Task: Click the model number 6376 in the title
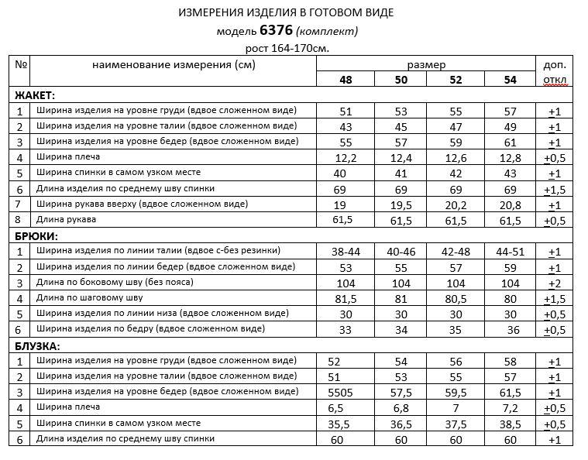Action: point(277,31)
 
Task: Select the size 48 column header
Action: point(346,80)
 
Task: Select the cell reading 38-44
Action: point(346,252)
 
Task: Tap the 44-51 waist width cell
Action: point(510,252)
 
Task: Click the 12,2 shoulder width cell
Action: point(346,158)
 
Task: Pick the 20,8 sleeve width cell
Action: point(510,205)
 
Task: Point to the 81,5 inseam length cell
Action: point(346,298)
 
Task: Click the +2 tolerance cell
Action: point(554,283)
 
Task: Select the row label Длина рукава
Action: point(65,220)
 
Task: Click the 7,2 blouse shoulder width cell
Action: point(510,408)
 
